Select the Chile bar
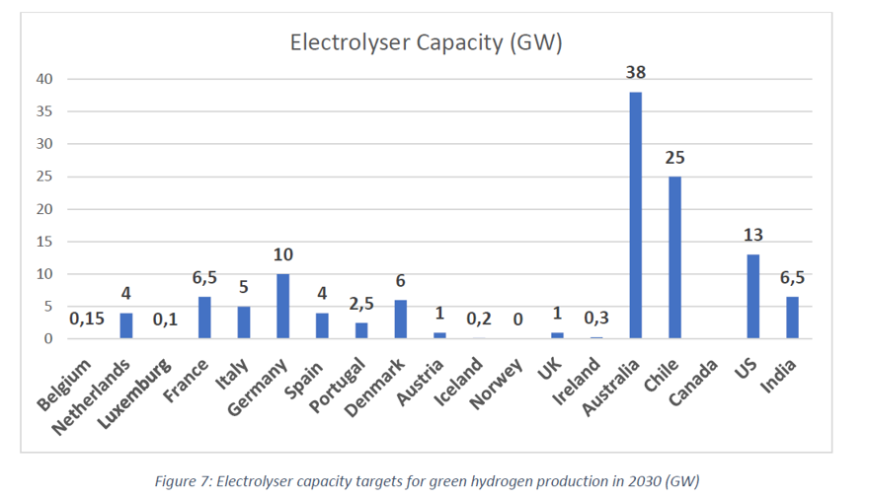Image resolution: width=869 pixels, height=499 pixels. (x=674, y=257)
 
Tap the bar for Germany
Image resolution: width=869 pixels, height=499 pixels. (x=282, y=306)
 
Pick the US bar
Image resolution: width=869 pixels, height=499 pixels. (x=752, y=296)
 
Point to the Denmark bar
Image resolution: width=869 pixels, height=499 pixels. (x=400, y=320)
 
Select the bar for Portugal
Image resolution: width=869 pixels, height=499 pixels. (x=361, y=330)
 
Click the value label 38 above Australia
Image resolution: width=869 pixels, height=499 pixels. (x=636, y=72)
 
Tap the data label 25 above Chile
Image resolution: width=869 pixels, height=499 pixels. (x=674, y=157)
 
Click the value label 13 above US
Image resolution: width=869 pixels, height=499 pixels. (x=752, y=235)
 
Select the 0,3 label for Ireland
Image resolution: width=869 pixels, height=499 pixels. (x=596, y=318)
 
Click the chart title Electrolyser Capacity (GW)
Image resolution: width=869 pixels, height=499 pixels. (x=426, y=42)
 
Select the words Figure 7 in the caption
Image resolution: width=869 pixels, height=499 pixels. (x=186, y=480)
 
